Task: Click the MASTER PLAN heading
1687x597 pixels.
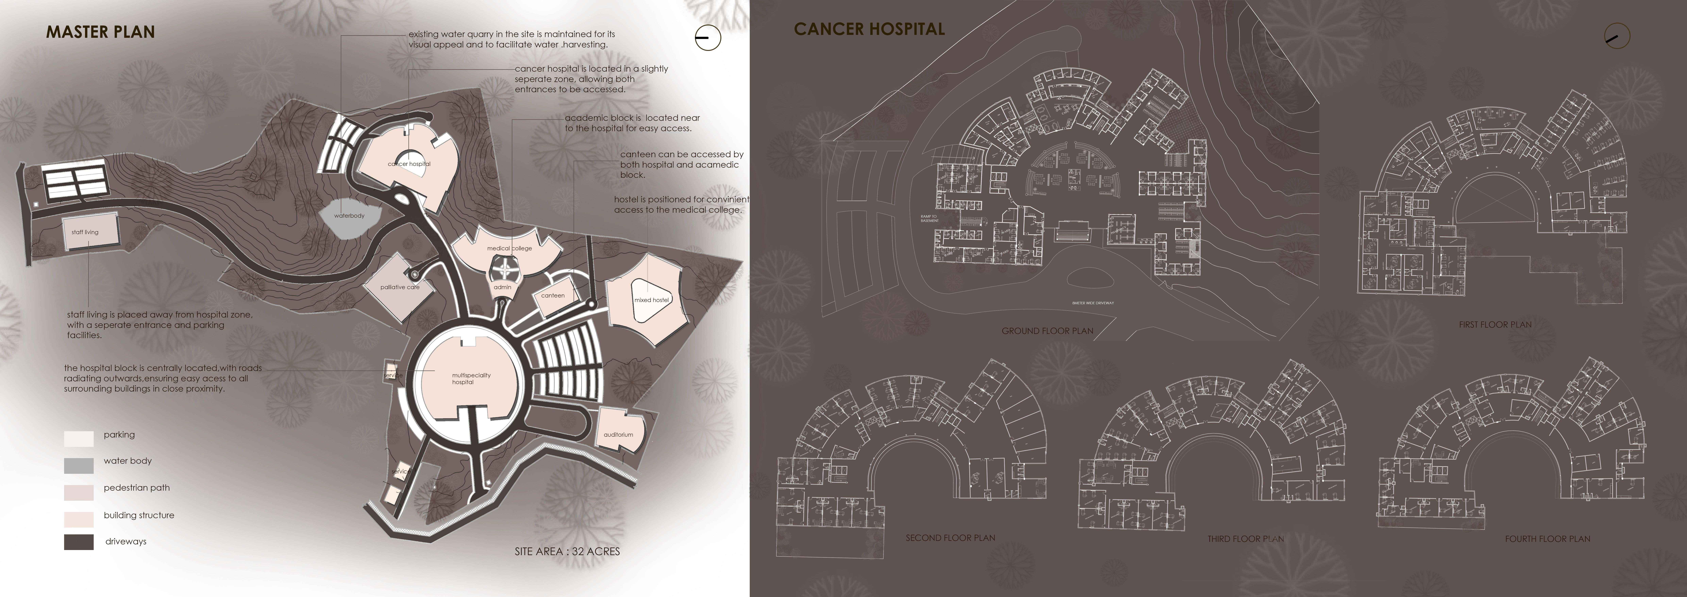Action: click(100, 32)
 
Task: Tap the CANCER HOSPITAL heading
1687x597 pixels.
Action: click(869, 29)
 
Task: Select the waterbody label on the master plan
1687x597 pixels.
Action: click(349, 216)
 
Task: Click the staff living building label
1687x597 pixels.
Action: click(85, 232)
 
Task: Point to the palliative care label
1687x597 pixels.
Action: click(399, 287)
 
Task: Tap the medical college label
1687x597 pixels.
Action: click(509, 248)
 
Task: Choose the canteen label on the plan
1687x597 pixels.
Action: click(553, 296)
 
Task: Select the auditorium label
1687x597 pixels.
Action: click(618, 434)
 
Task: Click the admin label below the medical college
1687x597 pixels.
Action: click(502, 287)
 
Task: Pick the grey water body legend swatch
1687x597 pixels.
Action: click(79, 465)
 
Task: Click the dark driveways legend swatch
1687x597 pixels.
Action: click(79, 542)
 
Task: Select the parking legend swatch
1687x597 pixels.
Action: click(79, 438)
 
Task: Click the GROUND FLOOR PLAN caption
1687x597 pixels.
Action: click(1047, 331)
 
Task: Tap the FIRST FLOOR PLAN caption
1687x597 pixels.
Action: click(1495, 324)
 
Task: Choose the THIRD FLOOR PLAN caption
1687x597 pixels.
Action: click(1246, 539)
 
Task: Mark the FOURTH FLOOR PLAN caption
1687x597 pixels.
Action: click(1548, 539)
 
